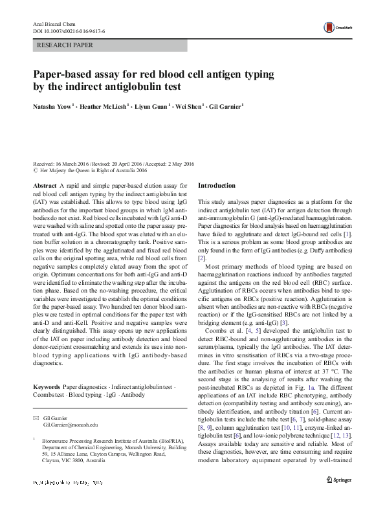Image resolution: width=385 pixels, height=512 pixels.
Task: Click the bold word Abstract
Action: coord(44,185)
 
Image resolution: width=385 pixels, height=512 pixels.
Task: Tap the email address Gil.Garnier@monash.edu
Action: coord(71,425)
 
